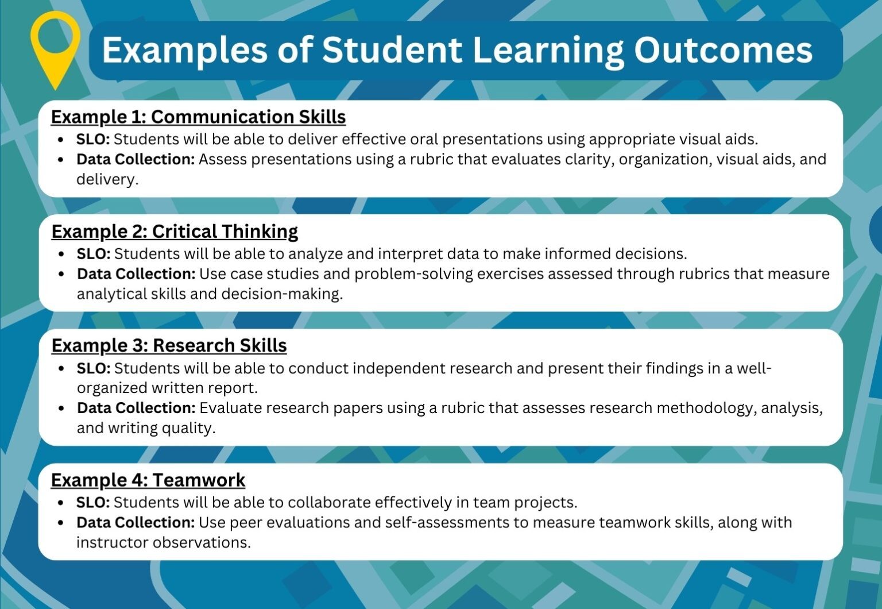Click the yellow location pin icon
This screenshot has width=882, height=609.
point(55,43)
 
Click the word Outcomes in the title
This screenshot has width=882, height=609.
point(723,50)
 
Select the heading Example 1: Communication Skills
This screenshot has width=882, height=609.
point(198,117)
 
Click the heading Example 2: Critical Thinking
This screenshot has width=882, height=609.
point(175,231)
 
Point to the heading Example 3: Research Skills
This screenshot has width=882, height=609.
point(169,345)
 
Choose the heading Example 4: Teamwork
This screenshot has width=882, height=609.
point(148,480)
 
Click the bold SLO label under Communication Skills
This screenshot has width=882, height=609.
point(93,139)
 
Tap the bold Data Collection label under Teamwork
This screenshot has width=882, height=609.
point(136,522)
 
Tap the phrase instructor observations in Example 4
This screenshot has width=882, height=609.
point(163,542)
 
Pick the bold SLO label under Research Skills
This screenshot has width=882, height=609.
point(94,368)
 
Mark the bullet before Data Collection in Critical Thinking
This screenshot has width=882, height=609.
point(62,274)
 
